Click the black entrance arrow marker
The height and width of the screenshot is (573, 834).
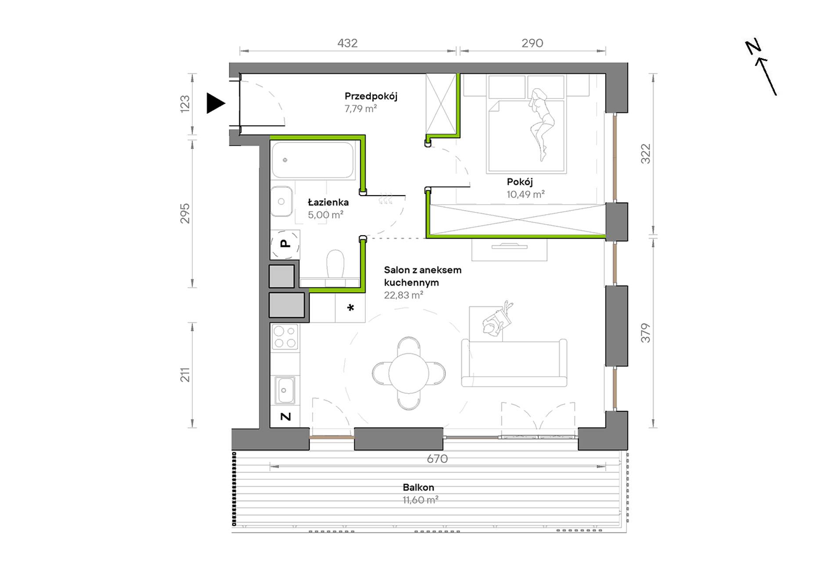216,104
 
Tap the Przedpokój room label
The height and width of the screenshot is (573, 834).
371,96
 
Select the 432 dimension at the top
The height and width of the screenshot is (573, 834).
348,43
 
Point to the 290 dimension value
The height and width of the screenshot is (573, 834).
532,43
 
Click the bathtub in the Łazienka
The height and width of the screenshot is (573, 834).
313,160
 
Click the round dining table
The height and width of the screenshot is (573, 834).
409,373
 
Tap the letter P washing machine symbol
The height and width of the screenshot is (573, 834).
285,244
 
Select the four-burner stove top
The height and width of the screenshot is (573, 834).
285,337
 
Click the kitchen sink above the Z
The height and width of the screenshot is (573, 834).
285,390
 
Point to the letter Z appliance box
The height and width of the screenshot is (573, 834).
285,416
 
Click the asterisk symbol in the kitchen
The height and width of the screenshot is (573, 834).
351,308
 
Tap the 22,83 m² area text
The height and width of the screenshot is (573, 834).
403,295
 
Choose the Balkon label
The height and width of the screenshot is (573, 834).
418,487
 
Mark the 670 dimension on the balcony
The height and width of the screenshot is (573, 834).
437,459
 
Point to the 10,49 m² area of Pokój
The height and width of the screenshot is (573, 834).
526,194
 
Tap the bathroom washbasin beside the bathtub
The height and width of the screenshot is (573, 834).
281,201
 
